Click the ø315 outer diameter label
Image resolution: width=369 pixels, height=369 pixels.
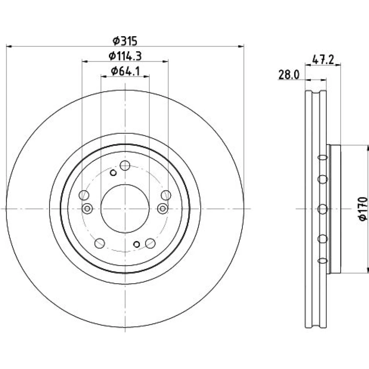pos(125,41)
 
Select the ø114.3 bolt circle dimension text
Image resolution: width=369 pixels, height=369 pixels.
pos(125,56)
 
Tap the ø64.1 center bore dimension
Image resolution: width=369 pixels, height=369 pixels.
pos(125,71)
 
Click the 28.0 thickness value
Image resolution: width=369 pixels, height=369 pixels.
pos(289,75)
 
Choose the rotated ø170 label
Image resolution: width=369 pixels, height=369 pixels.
pos(363,209)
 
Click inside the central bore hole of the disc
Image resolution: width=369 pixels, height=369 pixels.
pos(125,208)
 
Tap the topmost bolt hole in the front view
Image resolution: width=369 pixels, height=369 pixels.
pos(125,165)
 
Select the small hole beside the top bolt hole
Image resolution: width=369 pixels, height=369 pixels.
pos(113,173)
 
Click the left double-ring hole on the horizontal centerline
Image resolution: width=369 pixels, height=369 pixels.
pos(87,208)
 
